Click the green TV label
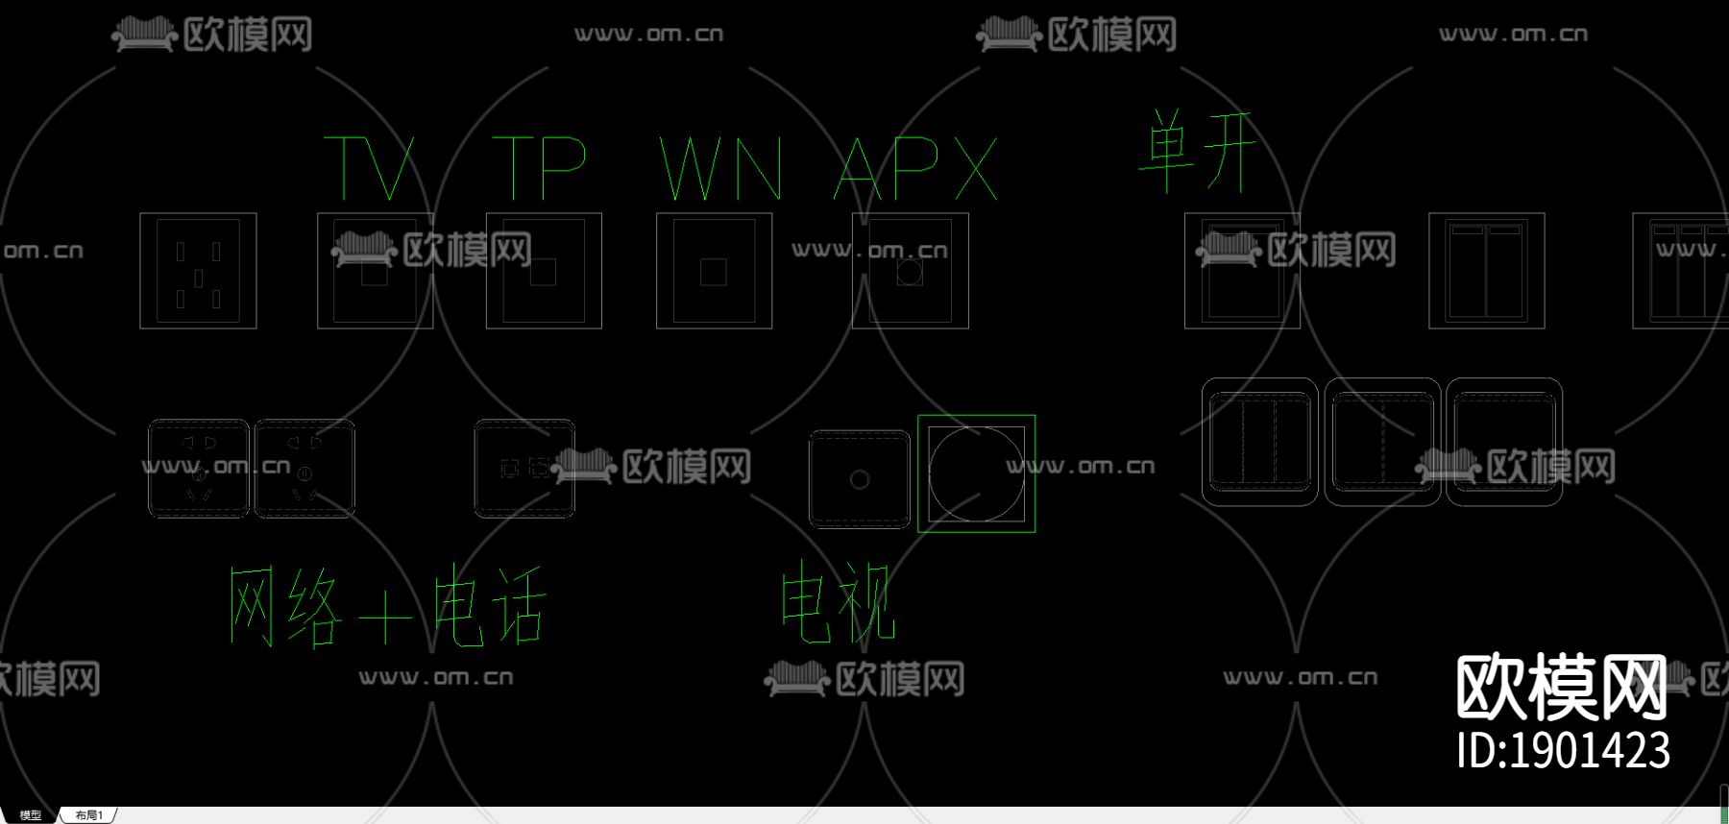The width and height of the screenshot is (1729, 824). tap(370, 167)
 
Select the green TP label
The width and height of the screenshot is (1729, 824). tap(539, 167)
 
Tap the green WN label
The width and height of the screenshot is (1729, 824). tap(720, 168)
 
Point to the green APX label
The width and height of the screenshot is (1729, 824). tap(915, 168)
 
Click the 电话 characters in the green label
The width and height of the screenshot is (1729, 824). tap(490, 605)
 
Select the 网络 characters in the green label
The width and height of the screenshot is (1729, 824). tap(285, 606)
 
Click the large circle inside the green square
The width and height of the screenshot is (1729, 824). tap(976, 473)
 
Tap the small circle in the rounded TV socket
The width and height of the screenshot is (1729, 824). tap(860, 479)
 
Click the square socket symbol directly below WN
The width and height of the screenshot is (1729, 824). tap(714, 271)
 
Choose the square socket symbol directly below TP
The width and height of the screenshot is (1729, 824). tap(544, 271)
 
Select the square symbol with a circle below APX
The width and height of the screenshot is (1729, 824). tap(910, 271)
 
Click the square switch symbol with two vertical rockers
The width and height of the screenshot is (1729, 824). tap(1486, 271)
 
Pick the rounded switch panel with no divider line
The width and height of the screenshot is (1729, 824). tap(1504, 442)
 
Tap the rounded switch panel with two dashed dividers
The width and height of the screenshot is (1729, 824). tap(1259, 442)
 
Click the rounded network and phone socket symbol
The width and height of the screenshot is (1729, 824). tap(524, 469)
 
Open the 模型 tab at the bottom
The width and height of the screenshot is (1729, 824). tap(31, 815)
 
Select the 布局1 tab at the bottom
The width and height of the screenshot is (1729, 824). tap(89, 815)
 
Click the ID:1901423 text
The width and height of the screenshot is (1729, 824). tap(1563, 750)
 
